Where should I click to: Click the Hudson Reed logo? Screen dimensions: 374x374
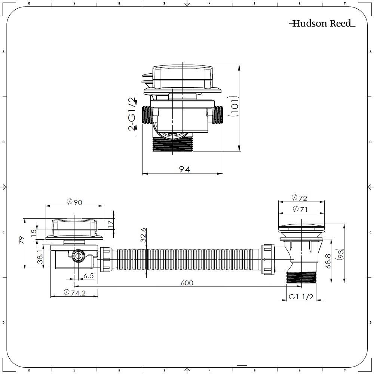click(322, 24)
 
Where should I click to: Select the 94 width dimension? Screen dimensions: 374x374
click(184, 169)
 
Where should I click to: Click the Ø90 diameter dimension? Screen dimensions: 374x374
click(74, 202)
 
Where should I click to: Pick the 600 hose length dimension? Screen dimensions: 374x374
click(187, 283)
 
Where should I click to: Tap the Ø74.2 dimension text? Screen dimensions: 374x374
click(74, 292)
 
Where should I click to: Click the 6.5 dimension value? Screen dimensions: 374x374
click(88, 276)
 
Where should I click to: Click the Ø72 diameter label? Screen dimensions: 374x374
click(299, 197)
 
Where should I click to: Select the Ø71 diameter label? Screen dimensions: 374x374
click(299, 209)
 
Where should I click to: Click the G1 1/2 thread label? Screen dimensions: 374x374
click(300, 297)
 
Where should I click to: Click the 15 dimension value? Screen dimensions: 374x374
click(34, 233)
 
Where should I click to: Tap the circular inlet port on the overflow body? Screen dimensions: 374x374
click(78, 256)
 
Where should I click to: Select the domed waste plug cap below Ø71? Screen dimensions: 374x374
click(301, 228)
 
